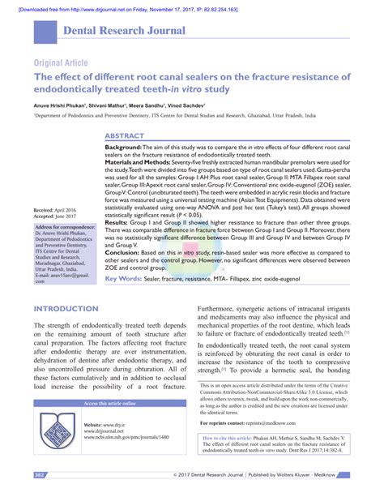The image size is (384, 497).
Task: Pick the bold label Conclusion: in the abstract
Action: click(x=124, y=253)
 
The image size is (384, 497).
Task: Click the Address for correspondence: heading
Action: click(x=65, y=227)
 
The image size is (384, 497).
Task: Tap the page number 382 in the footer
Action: click(x=39, y=473)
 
